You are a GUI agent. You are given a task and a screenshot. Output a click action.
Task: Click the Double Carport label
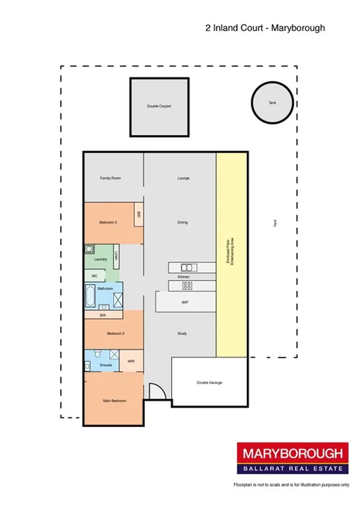(159, 106)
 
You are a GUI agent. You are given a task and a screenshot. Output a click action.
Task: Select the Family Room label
(111, 178)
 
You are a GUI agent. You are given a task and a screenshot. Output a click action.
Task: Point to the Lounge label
(183, 178)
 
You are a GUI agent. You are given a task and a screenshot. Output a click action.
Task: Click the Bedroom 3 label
(108, 222)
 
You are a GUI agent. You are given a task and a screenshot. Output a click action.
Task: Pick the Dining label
(183, 222)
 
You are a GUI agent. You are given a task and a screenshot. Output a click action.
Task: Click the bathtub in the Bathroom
(91, 295)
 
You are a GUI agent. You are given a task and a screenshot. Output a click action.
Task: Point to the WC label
(94, 275)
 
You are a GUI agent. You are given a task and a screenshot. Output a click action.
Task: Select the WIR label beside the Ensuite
(131, 360)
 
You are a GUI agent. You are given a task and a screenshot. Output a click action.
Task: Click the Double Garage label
(209, 382)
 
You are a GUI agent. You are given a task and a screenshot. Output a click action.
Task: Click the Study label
(183, 333)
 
